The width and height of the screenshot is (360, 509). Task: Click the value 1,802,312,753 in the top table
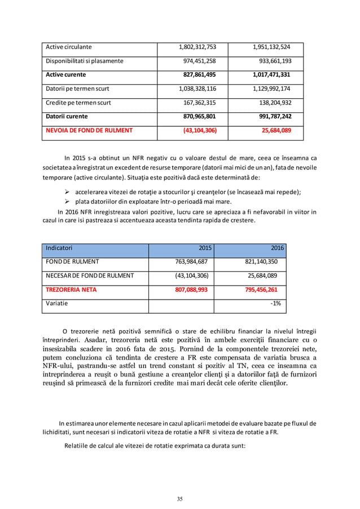point(197,47)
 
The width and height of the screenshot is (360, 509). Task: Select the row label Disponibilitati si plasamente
point(85,61)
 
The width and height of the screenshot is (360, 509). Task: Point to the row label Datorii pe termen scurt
point(77,89)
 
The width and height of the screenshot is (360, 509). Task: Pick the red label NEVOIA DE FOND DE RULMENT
point(89,130)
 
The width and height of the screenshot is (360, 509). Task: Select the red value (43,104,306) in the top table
point(199,130)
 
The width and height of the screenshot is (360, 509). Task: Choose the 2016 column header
point(277,248)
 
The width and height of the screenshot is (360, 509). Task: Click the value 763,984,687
point(192,262)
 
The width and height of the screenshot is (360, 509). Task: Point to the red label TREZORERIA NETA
point(71,289)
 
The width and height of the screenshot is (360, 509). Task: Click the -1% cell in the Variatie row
point(275,304)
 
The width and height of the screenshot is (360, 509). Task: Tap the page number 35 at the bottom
point(180,498)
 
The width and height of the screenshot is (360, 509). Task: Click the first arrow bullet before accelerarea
point(67,192)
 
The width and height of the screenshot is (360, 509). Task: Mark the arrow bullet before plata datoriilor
point(67,201)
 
